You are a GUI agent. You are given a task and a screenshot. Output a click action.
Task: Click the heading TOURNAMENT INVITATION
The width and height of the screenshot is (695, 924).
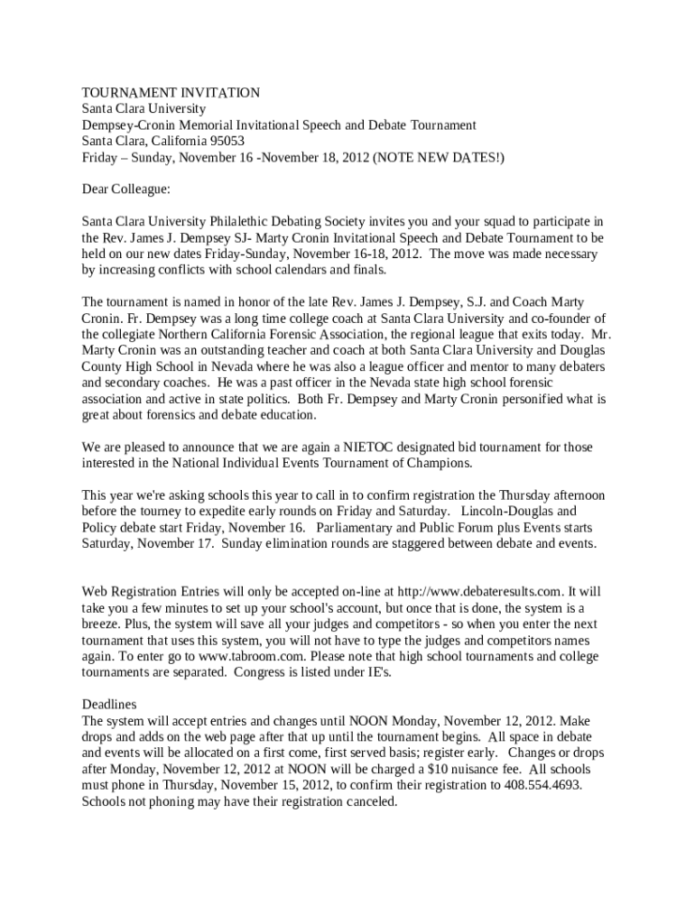[x=171, y=93]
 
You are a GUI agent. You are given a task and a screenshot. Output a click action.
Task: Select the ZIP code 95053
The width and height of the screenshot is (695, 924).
[x=223, y=142]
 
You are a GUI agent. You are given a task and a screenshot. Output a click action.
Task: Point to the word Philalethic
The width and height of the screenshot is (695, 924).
[x=243, y=222]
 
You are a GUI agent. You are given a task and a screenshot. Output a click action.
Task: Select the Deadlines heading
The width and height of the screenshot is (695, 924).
[x=109, y=704]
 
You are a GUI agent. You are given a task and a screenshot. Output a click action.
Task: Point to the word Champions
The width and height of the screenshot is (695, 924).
[x=439, y=464]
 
